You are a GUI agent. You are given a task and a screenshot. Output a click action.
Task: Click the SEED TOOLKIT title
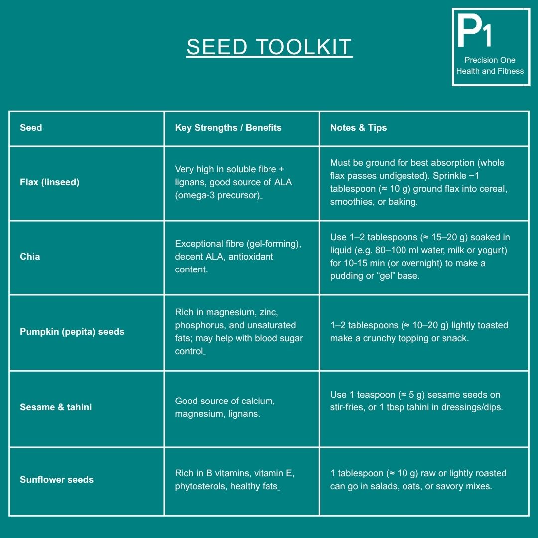coord(269,47)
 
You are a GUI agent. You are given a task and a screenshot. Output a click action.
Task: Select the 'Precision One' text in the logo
coord(490,60)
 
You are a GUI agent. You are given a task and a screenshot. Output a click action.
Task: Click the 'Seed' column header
coord(31,128)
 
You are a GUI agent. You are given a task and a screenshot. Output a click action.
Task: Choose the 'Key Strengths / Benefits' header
coord(228,128)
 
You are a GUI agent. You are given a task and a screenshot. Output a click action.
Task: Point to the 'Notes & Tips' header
coord(358,128)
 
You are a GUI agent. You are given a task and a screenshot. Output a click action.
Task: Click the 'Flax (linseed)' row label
coord(49,182)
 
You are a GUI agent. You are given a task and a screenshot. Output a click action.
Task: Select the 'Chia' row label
coord(30,257)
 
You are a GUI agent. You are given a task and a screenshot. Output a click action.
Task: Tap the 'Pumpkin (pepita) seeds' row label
coord(72,332)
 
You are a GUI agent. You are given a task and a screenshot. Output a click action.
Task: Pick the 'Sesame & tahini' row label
coord(56,407)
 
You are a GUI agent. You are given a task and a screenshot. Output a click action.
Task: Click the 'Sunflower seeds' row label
coord(57,480)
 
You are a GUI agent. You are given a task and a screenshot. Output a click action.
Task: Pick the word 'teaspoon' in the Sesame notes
coord(375,395)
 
